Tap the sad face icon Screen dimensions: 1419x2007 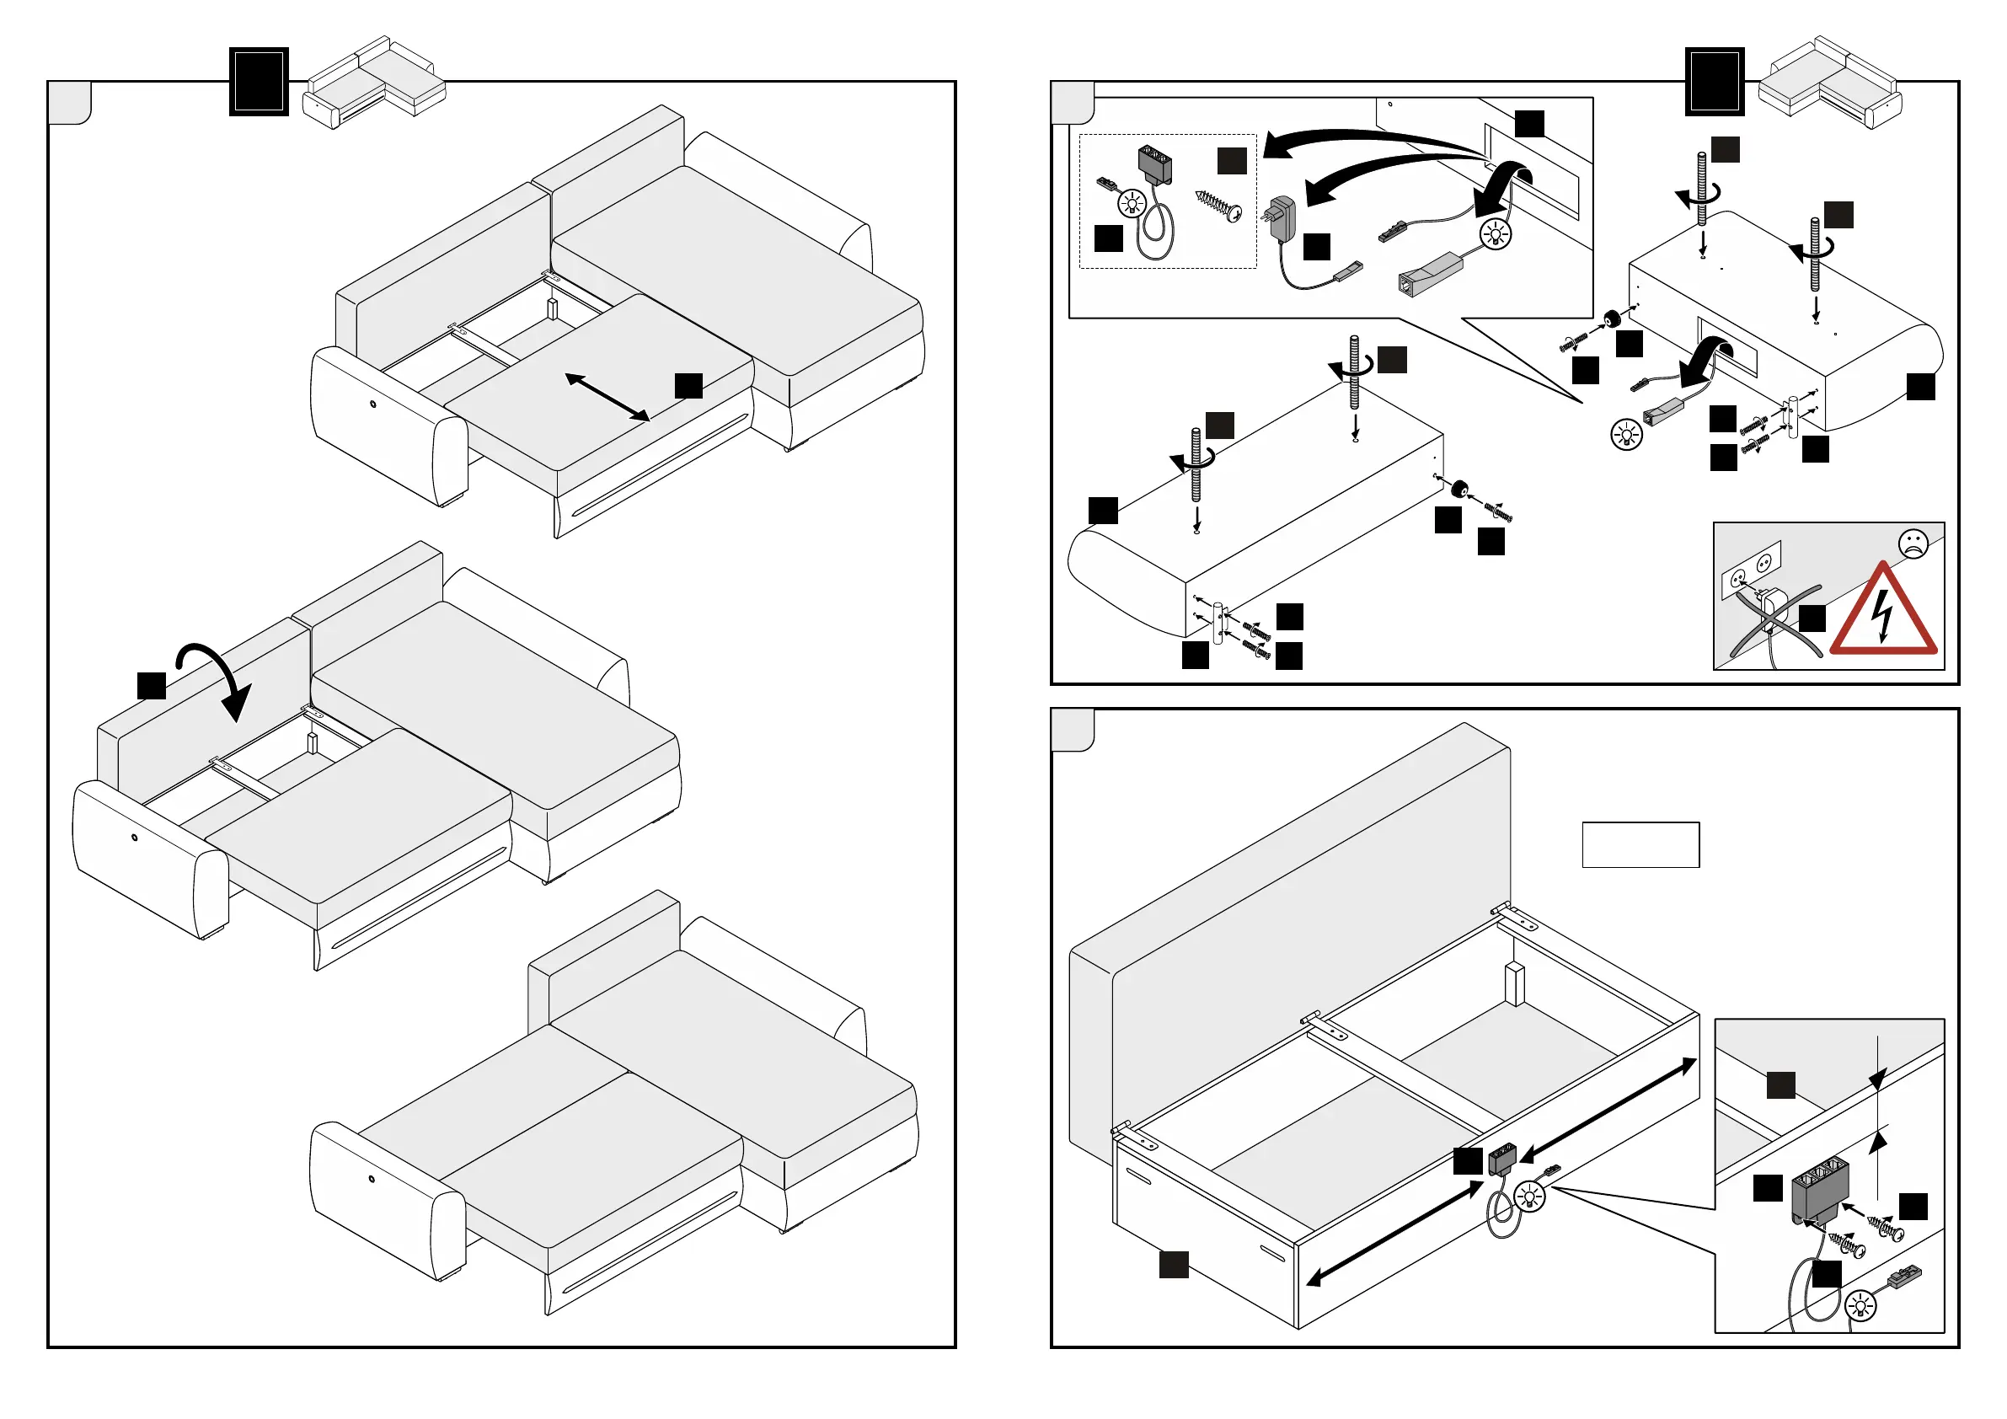point(1913,544)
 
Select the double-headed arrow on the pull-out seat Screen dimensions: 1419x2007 point(607,398)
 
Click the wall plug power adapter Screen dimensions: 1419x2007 point(1281,217)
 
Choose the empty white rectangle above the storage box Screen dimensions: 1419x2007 point(1640,844)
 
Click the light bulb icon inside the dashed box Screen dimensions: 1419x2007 point(1132,204)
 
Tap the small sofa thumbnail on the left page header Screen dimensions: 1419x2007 point(374,83)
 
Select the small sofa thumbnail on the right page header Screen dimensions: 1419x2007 point(1829,83)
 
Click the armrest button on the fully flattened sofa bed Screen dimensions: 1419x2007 point(372,1179)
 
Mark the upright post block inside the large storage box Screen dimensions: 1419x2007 point(1514,984)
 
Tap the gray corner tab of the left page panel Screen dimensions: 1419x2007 point(70,103)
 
